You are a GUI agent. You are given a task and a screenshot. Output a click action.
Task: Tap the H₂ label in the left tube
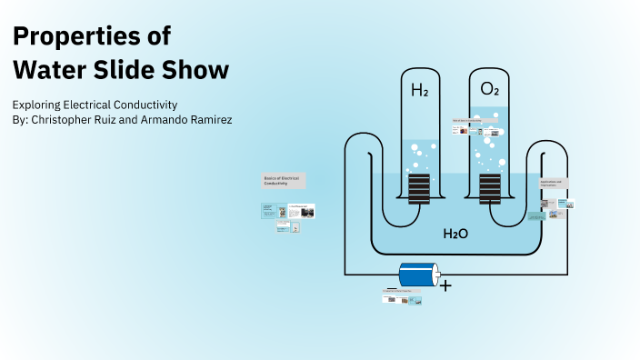point(419,91)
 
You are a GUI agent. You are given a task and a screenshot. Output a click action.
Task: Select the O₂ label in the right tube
point(489,90)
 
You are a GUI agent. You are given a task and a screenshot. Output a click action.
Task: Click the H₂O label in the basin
point(455,234)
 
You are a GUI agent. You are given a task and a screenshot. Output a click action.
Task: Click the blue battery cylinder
point(417,275)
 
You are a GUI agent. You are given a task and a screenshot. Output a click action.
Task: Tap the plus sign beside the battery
point(445,285)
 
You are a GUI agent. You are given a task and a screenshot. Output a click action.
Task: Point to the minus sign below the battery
point(391,289)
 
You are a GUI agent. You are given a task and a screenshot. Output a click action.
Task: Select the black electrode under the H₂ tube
point(418,190)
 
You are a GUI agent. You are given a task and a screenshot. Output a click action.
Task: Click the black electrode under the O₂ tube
point(490,190)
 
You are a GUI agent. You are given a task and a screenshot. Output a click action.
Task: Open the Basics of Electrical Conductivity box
point(284,180)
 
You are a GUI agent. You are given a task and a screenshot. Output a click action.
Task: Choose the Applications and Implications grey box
point(554,183)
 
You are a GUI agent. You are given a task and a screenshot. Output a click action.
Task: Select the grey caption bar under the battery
point(403,291)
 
